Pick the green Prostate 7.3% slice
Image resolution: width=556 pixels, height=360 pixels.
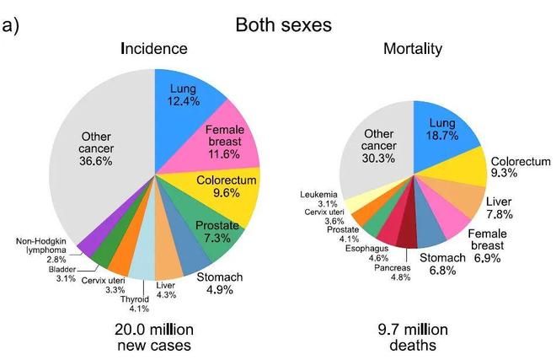pos(216,232)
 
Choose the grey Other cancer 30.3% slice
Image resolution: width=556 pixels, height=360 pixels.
pos(383,143)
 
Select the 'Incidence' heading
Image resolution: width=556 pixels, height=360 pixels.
pos(154,49)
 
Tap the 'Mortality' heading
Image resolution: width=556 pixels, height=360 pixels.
pos(413,49)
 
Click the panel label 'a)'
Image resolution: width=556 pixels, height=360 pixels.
pos(11,24)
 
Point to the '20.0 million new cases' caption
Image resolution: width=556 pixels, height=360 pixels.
pos(154,337)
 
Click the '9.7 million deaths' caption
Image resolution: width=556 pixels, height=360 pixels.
pos(413,337)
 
